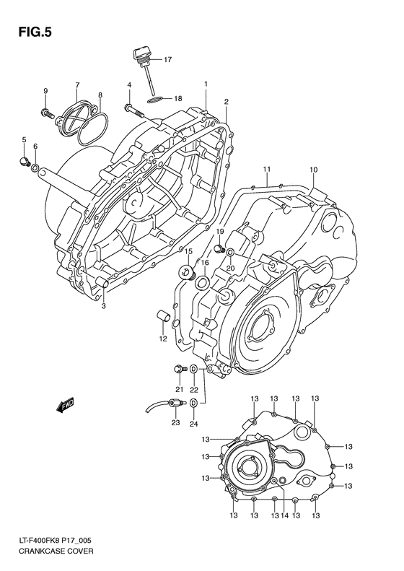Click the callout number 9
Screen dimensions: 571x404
tap(45, 90)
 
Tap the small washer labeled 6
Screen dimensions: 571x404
tap(35, 168)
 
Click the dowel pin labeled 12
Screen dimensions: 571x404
tap(163, 317)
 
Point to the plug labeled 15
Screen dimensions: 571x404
tap(188, 272)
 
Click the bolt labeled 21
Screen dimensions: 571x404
tap(177, 370)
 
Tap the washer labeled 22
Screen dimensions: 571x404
tap(193, 370)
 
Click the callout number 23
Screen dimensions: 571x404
tap(175, 423)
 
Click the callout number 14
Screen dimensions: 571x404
tap(285, 516)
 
